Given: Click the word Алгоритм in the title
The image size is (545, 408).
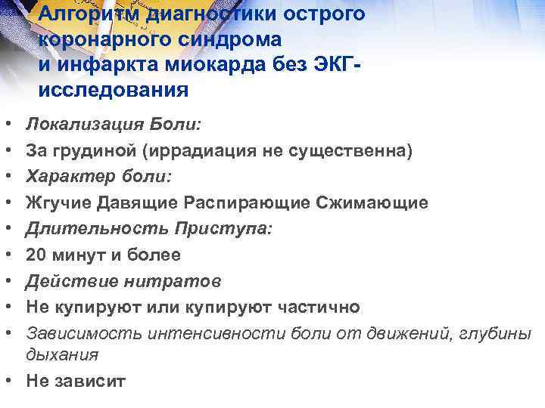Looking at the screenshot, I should (82, 14).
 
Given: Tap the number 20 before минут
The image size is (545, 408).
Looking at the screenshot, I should (36, 255).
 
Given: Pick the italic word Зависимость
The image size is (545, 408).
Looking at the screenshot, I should (84, 333).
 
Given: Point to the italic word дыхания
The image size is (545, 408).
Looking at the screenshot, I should (61, 354).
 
